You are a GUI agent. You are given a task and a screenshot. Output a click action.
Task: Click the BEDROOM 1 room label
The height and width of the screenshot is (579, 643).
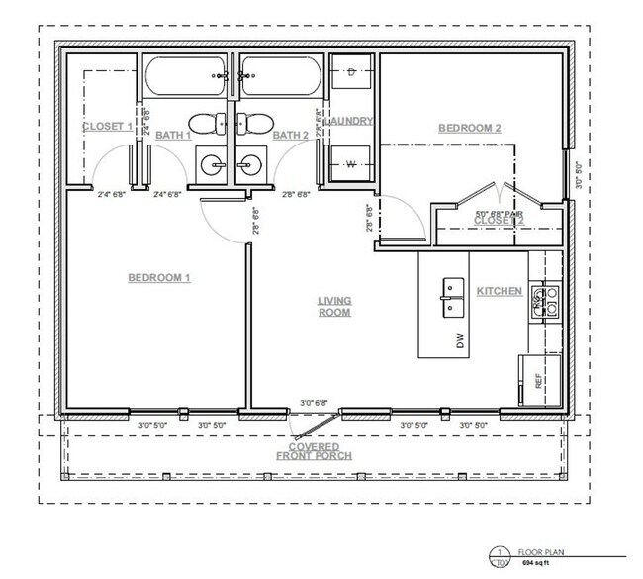(159, 278)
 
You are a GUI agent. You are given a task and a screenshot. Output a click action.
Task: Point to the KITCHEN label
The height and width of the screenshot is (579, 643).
(500, 291)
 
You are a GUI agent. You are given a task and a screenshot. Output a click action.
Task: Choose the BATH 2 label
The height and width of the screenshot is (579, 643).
(291, 135)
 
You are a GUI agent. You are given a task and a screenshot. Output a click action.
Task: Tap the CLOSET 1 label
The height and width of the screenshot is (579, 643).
(106, 127)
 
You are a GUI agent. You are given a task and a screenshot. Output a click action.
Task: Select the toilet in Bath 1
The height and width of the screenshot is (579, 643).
(205, 123)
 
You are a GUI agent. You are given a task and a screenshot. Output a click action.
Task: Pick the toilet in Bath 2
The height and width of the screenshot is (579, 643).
(257, 123)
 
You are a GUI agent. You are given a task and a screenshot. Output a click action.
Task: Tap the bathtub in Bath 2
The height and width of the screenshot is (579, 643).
(277, 76)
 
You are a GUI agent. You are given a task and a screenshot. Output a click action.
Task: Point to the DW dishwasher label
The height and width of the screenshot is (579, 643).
(460, 340)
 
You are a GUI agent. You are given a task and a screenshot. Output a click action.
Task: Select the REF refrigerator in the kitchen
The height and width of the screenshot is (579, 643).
(539, 379)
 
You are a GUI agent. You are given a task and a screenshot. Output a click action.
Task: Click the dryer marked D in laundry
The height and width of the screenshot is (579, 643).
(352, 72)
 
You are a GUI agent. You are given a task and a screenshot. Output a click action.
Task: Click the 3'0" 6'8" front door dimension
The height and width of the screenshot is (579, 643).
(315, 403)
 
